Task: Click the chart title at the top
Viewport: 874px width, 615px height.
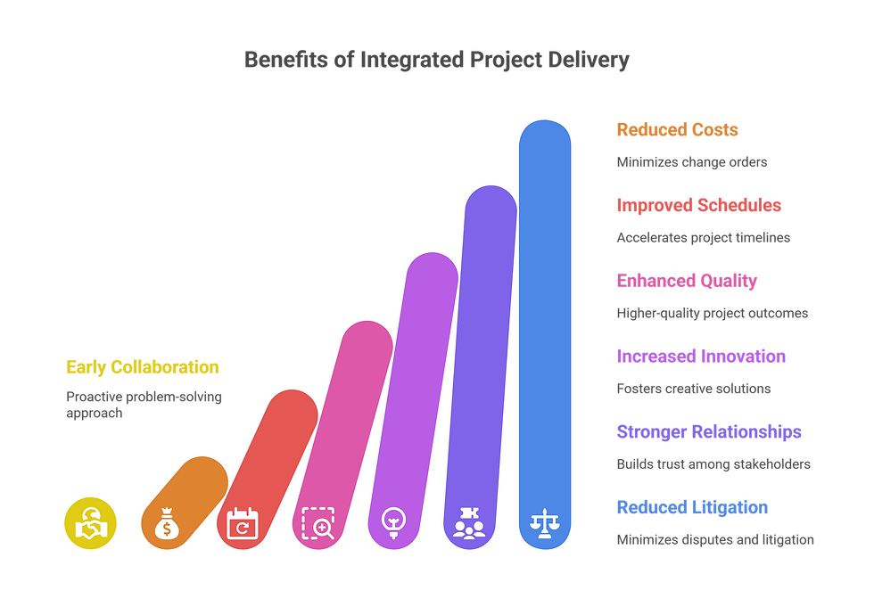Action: tap(437, 61)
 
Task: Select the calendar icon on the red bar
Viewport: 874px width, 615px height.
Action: tap(242, 523)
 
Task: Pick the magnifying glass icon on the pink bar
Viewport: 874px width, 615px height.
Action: tap(317, 523)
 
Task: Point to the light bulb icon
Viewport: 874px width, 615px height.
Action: tap(392, 521)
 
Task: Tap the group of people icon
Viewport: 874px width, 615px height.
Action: tap(468, 522)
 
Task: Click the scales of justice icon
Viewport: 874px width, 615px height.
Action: tap(543, 522)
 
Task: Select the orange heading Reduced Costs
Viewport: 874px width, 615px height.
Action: tap(677, 130)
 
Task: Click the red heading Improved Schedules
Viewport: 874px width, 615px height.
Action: tap(698, 206)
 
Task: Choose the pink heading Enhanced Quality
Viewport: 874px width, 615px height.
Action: tap(687, 282)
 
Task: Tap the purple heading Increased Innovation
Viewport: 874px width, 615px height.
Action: tap(701, 357)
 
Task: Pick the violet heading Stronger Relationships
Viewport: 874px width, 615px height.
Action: tap(709, 433)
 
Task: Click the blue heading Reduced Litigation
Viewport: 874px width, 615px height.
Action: tap(692, 508)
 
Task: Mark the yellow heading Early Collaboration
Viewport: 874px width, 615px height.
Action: tap(142, 366)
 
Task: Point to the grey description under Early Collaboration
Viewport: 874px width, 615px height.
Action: tap(143, 406)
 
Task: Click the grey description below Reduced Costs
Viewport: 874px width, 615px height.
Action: tap(692, 162)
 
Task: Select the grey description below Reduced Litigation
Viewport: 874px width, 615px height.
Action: tap(715, 539)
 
